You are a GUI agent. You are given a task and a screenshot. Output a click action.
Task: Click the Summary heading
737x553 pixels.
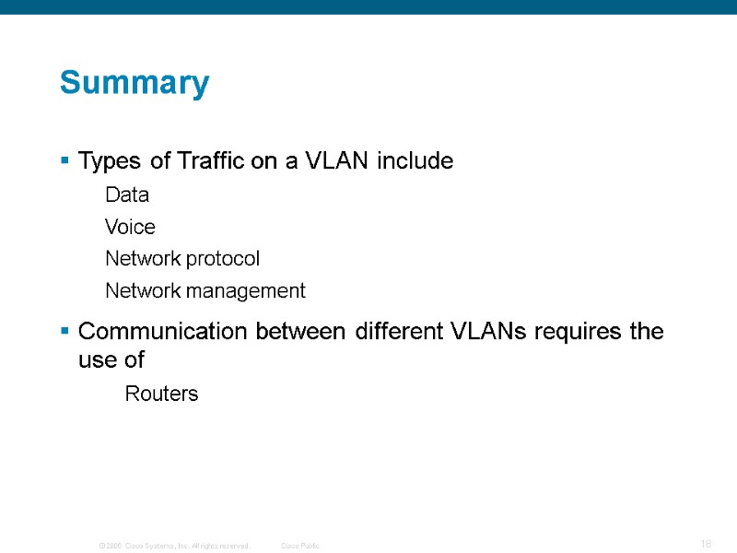135,84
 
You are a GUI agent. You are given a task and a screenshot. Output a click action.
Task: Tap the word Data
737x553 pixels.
127,195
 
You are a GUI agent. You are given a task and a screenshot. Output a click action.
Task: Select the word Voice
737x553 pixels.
130,227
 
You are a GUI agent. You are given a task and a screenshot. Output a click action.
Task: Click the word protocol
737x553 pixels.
222,259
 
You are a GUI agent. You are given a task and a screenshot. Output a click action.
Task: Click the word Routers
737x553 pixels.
161,394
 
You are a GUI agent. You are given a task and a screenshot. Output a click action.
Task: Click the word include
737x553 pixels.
414,162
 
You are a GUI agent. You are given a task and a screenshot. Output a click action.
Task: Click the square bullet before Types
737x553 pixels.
64,162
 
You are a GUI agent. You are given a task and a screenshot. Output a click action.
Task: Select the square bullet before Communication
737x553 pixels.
64,332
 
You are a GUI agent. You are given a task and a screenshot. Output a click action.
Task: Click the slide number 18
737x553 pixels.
706,545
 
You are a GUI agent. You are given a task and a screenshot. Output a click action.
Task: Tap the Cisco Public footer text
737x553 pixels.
300,546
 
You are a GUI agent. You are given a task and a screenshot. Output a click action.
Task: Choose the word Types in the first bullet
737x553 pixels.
111,163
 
